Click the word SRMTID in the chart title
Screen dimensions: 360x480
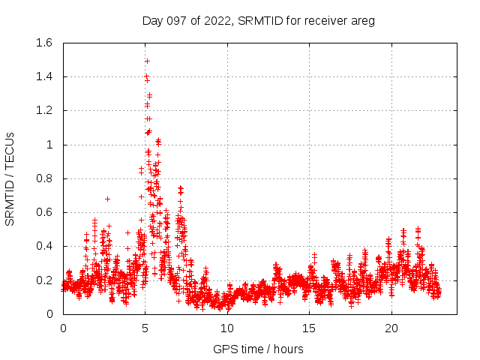click(258, 20)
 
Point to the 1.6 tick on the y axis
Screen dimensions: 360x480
click(44, 43)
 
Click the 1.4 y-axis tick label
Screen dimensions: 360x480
click(44, 76)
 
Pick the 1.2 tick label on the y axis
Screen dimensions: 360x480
click(44, 110)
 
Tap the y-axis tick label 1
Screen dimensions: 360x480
click(49, 145)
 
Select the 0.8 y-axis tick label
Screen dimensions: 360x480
click(44, 178)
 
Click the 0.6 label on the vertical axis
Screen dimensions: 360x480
click(44, 212)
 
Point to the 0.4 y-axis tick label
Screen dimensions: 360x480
click(44, 246)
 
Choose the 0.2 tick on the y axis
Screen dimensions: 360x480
click(44, 280)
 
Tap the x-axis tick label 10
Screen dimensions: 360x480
click(227, 328)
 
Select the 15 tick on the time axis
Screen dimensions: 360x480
click(310, 328)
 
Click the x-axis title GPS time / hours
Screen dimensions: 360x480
click(258, 349)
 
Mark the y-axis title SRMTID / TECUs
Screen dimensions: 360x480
click(10, 178)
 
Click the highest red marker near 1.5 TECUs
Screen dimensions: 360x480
click(147, 61)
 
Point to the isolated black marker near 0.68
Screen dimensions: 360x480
click(107, 199)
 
